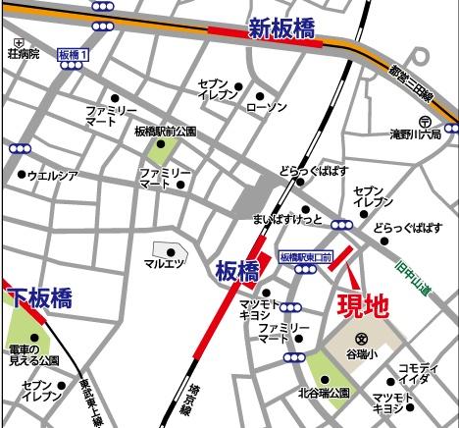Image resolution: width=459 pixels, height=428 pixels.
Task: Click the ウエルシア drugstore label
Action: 53,176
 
